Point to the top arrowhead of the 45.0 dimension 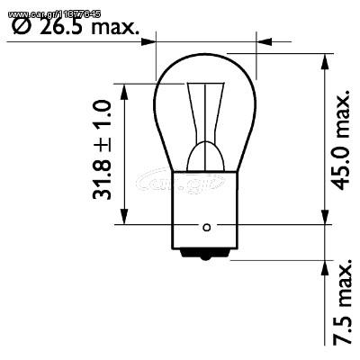323,59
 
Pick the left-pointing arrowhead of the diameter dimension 263,40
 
